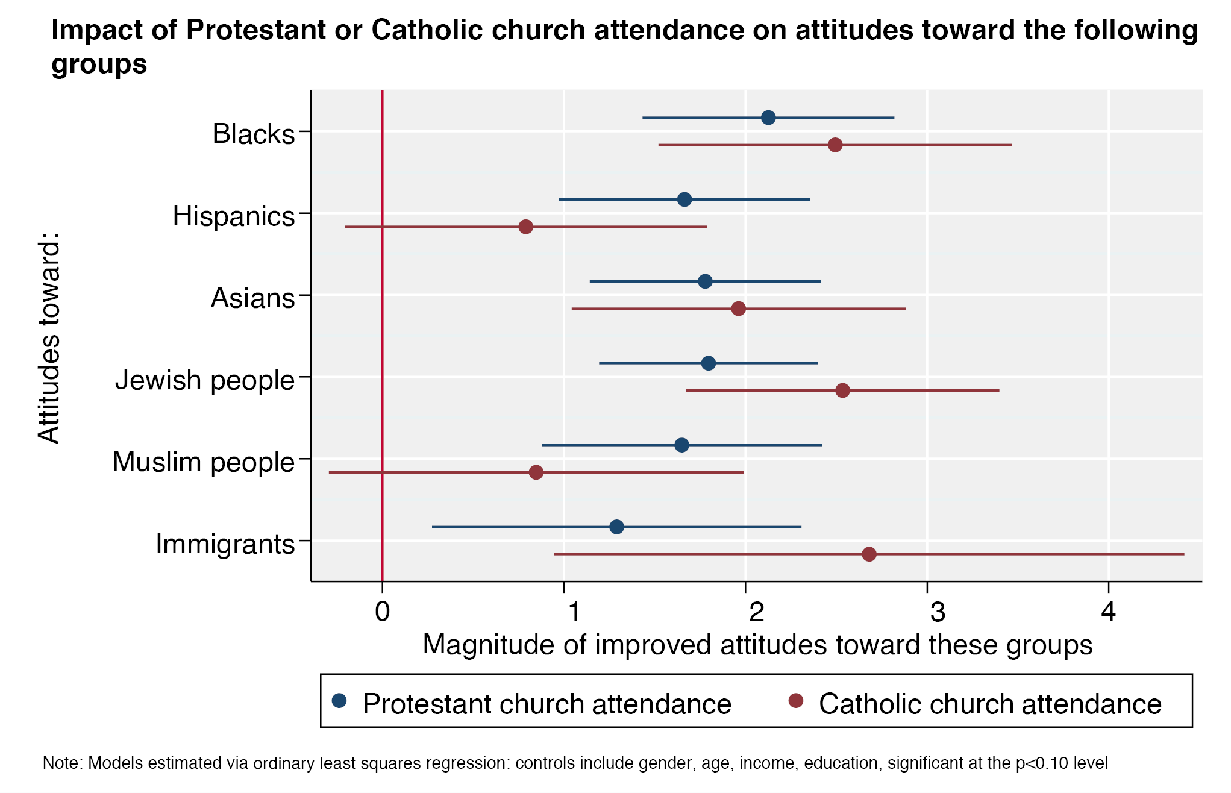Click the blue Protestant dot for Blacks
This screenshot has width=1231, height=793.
[x=768, y=118]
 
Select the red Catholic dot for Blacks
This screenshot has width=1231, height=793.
[x=835, y=145]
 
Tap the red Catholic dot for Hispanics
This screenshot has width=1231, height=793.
[x=525, y=227]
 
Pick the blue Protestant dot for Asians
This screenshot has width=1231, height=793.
[x=705, y=281]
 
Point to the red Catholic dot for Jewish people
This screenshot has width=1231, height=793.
[x=842, y=390]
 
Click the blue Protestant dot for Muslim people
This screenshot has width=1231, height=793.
[x=681, y=445]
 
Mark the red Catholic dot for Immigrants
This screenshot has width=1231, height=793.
[x=869, y=554]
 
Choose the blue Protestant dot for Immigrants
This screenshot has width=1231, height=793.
[x=616, y=527]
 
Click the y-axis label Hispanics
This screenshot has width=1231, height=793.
[x=234, y=216]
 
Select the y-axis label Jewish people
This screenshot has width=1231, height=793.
[x=205, y=380]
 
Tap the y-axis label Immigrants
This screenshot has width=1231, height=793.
[x=225, y=544]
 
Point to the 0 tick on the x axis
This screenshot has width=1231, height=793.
[x=382, y=612]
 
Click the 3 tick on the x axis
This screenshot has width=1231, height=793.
[x=938, y=612]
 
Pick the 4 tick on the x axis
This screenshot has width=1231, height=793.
[x=1108, y=612]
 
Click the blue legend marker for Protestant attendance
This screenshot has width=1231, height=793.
[x=340, y=700]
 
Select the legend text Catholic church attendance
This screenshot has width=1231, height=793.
[x=990, y=704]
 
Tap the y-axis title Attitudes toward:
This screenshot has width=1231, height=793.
[x=49, y=338]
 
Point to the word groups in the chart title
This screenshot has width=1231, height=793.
[x=99, y=64]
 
